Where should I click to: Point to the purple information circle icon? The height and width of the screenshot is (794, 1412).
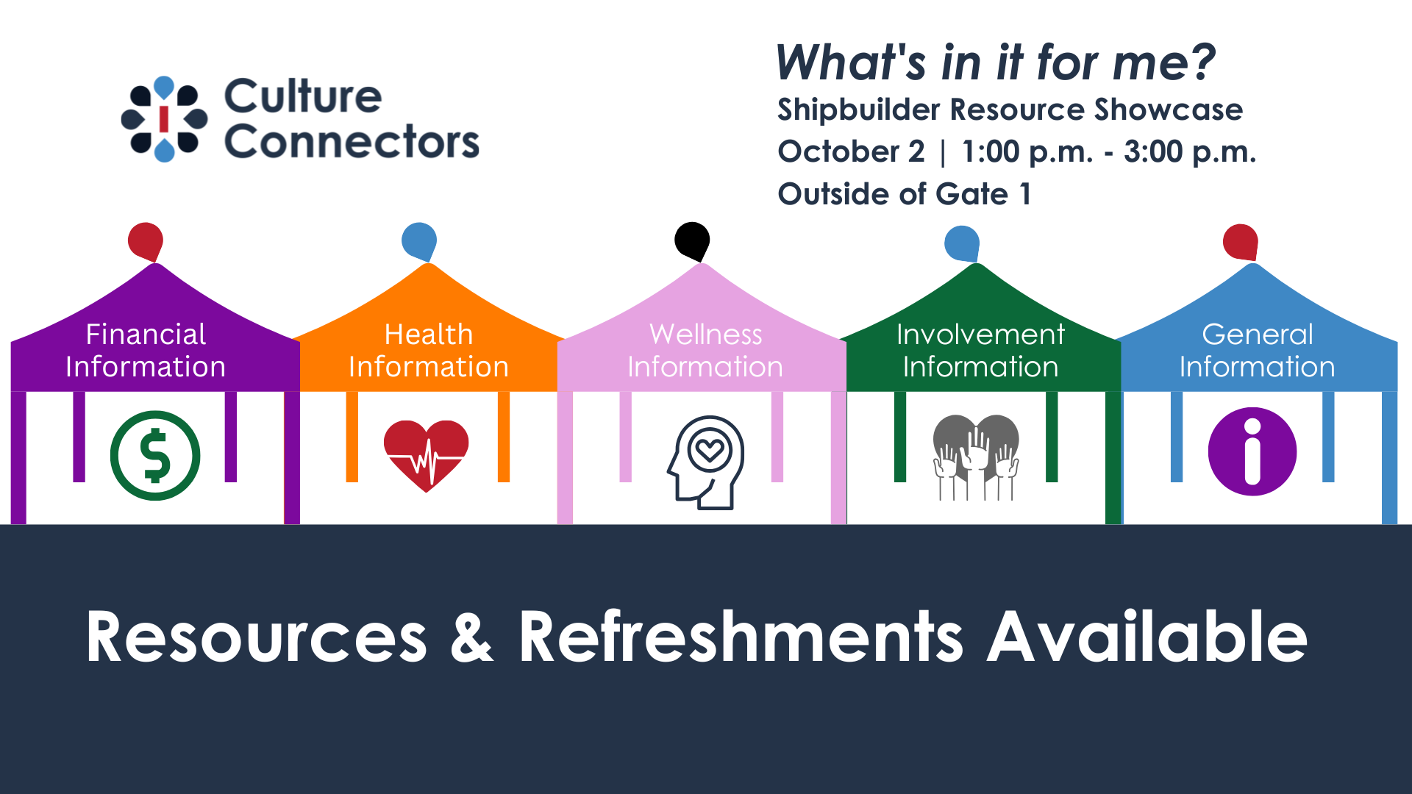tap(1252, 451)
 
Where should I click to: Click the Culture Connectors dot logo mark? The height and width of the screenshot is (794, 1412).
tap(164, 118)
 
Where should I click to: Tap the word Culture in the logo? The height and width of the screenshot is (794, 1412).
tap(303, 96)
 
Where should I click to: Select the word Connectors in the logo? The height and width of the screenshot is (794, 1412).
tap(352, 141)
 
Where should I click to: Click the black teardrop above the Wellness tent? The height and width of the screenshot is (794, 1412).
tap(693, 241)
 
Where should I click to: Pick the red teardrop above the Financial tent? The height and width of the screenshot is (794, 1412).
tap(146, 241)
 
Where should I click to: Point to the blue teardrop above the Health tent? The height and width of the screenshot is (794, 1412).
tap(419, 241)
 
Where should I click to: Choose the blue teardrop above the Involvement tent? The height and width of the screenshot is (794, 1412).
tap(962, 243)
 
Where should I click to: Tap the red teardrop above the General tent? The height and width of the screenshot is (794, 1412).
tap(1241, 242)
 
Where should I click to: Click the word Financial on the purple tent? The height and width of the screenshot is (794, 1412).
tap(146, 335)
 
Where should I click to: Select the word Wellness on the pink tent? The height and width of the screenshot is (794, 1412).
tap(706, 335)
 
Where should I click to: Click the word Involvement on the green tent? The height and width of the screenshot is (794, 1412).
tap(980, 335)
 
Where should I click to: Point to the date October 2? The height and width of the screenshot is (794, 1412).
tap(851, 151)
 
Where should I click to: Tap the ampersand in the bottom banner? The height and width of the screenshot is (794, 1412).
tap(471, 637)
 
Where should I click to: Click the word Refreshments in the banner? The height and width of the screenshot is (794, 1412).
tap(741, 637)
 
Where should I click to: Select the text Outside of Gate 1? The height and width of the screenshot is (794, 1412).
tap(905, 194)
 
